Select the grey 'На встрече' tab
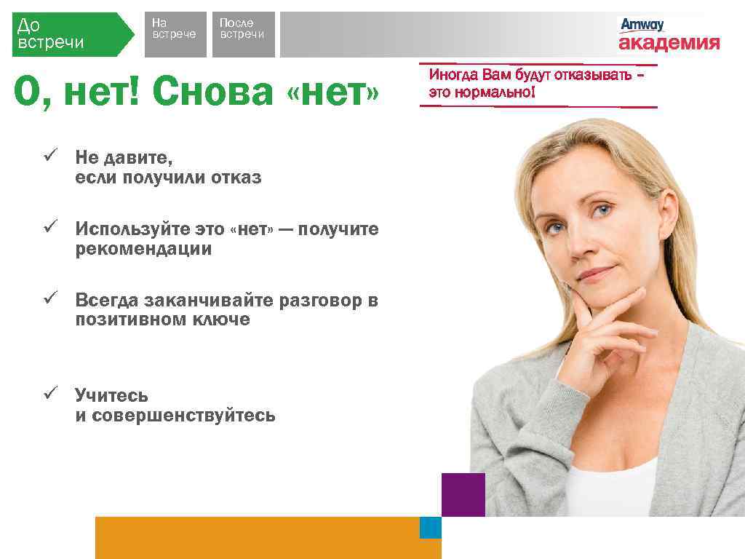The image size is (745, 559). coord(175,33)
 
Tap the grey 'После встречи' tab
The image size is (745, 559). coord(243,33)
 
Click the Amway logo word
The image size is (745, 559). coord(642,25)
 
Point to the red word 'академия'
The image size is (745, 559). coord(669,44)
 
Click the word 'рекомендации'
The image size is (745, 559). coord(143,249)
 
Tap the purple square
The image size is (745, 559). coord(463,494)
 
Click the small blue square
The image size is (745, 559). coord(431,528)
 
